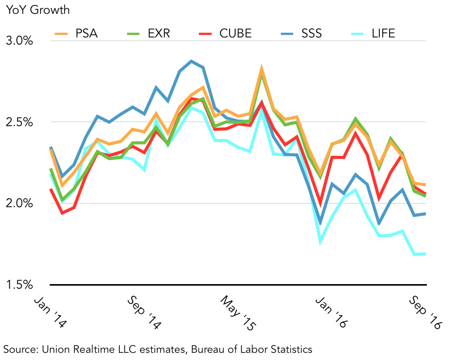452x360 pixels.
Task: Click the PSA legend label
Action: click(87, 34)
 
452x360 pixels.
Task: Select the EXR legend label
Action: click(159, 34)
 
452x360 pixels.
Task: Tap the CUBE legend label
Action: click(235, 34)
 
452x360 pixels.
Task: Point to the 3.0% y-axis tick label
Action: click(20, 41)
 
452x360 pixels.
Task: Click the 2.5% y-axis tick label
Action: click(20, 122)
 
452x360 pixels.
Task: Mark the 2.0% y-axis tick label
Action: click(20, 204)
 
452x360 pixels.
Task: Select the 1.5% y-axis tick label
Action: click(20, 285)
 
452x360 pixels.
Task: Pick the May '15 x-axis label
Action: click(238, 312)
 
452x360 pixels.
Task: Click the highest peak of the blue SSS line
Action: click(191, 61)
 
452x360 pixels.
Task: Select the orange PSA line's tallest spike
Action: click(262, 68)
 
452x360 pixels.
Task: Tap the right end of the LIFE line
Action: click(426, 254)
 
